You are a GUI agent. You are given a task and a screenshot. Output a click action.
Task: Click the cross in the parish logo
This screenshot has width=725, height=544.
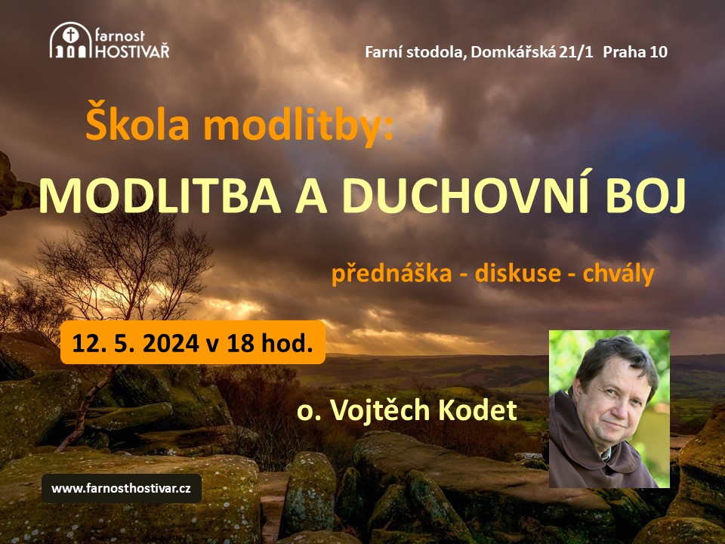pyautogui.click(x=71, y=35)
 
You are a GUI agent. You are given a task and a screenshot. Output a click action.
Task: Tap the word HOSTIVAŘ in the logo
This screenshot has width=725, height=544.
pyautogui.click(x=132, y=51)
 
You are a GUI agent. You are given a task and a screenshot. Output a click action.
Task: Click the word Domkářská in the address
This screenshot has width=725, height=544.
pyautogui.click(x=513, y=52)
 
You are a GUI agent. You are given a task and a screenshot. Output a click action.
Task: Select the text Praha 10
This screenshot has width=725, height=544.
pyautogui.click(x=635, y=52)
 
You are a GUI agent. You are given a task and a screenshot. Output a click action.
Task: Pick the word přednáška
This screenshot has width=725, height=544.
pyautogui.click(x=392, y=273)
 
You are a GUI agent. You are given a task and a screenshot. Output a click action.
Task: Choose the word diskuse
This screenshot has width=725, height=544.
pyautogui.click(x=518, y=273)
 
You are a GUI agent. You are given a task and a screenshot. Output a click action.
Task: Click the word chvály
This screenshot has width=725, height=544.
pyautogui.click(x=619, y=273)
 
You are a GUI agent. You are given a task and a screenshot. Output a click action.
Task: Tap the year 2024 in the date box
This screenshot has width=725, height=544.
pyautogui.click(x=171, y=343)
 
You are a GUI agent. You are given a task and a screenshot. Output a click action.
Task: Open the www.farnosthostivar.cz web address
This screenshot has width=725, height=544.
pyautogui.click(x=121, y=488)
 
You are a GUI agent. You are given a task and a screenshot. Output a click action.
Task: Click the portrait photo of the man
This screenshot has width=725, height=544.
pyautogui.click(x=609, y=409)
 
